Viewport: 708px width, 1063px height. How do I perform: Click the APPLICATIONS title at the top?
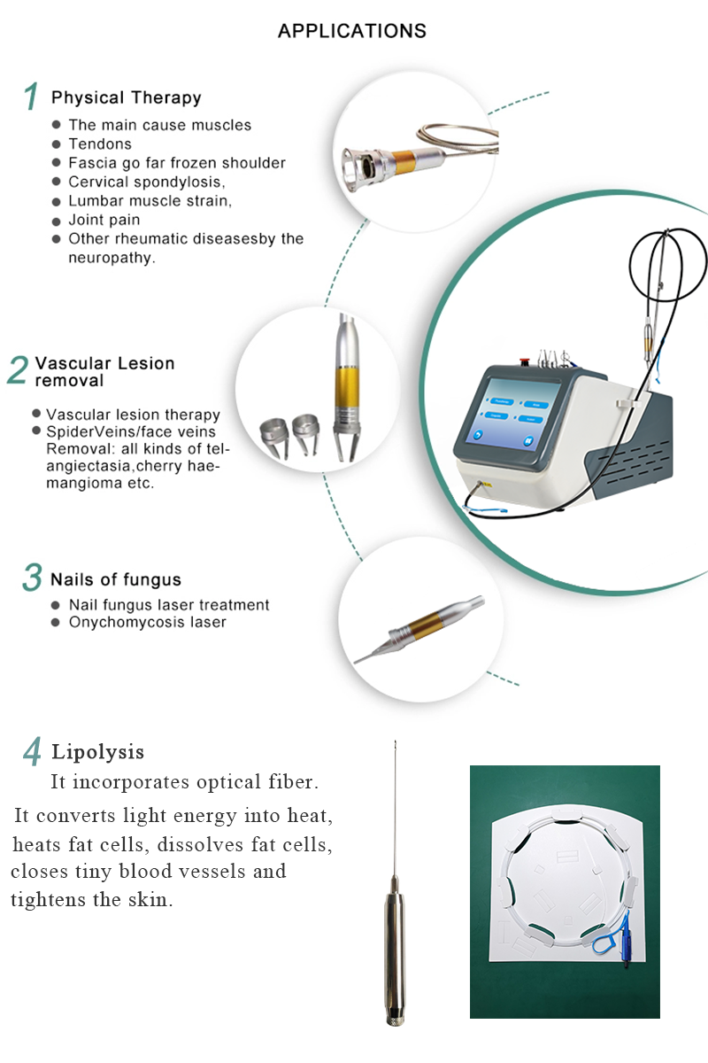[352, 31]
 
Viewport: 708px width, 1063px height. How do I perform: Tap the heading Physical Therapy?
[127, 97]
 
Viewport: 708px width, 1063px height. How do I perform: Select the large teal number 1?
[31, 97]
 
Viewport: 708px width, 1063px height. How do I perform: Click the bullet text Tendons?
[100, 144]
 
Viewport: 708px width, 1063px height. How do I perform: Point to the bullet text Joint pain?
[104, 220]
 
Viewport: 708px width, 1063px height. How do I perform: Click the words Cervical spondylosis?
[146, 182]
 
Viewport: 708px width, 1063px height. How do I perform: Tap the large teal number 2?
[18, 369]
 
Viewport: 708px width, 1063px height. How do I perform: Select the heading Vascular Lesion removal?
[104, 371]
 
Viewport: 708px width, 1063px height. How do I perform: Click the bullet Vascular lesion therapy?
[133, 415]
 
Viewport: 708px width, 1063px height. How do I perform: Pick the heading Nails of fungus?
[116, 579]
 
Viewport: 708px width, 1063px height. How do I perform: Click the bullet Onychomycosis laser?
[148, 622]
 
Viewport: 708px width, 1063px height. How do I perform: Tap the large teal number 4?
[32, 752]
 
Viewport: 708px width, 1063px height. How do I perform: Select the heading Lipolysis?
[97, 752]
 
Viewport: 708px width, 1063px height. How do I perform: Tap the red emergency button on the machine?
[525, 361]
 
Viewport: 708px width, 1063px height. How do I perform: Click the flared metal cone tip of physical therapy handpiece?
[351, 169]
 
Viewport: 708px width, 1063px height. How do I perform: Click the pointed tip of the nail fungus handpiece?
[356, 662]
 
